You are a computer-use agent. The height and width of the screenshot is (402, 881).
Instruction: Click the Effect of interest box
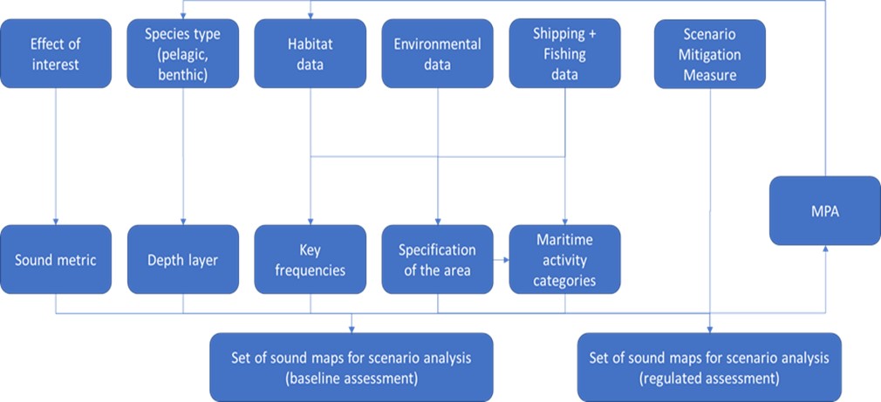point(55,53)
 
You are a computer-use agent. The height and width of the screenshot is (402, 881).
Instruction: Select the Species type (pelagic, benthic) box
point(182,53)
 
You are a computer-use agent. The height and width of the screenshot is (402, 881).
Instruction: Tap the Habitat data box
point(311,53)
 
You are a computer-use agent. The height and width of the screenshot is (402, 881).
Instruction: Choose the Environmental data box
point(437,53)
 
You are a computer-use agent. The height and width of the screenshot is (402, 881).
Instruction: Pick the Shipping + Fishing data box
point(565,53)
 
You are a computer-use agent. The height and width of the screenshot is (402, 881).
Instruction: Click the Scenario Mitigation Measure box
point(709,53)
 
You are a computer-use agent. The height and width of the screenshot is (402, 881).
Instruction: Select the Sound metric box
point(55,259)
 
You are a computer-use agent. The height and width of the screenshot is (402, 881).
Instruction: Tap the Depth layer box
point(182,259)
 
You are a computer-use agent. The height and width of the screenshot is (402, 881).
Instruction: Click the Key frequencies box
point(311,259)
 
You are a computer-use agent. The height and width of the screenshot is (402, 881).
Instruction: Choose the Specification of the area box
point(437,259)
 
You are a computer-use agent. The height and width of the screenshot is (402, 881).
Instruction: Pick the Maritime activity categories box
point(565,259)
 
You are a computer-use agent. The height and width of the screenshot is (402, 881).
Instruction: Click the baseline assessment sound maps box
point(352,367)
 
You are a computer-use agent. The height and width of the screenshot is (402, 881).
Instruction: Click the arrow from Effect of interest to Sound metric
point(55,157)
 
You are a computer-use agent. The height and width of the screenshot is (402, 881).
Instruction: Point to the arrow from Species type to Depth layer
point(182,157)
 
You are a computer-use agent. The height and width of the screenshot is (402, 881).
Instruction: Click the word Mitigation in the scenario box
point(709,54)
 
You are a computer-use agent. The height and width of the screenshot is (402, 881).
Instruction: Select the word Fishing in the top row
point(565,54)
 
